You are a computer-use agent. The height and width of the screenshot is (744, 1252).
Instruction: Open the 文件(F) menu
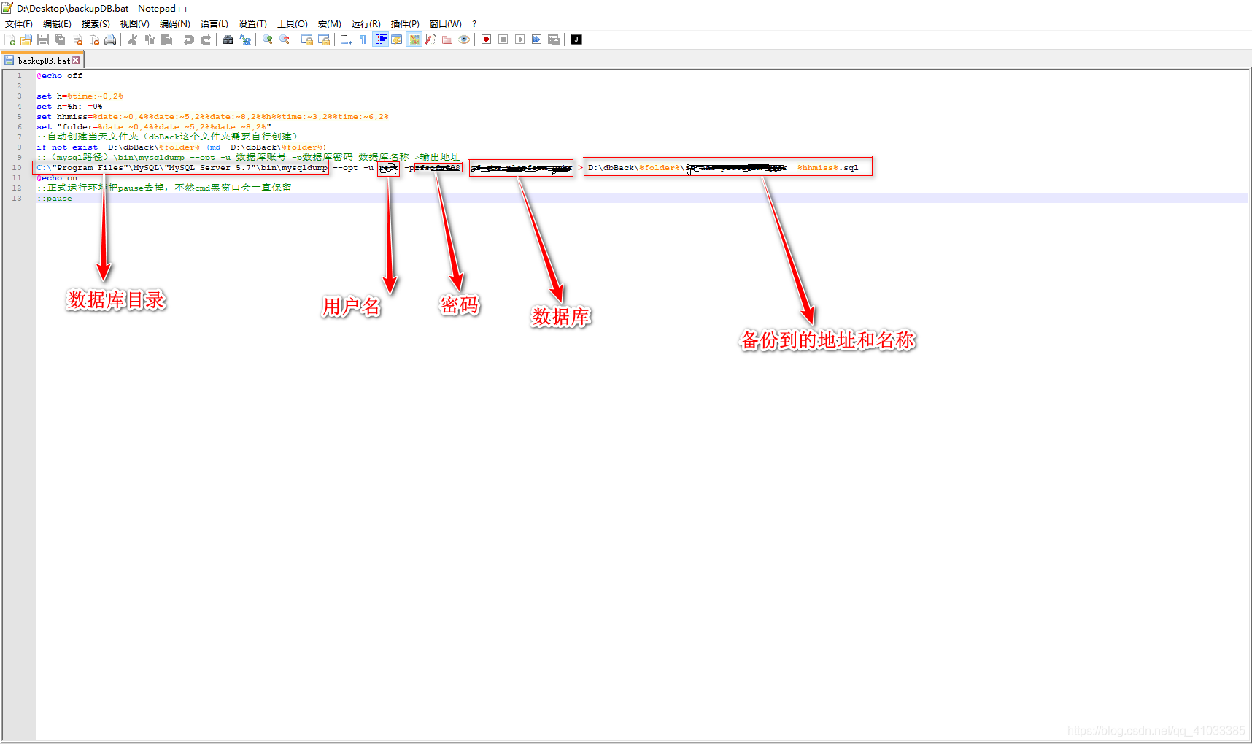[x=19, y=24]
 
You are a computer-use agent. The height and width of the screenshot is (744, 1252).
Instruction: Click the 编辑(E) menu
[x=57, y=24]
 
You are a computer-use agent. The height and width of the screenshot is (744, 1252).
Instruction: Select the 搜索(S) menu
[x=96, y=24]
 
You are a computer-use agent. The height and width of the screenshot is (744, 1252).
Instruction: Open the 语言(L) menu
[x=214, y=24]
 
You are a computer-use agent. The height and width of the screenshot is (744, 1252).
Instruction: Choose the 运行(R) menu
[x=366, y=24]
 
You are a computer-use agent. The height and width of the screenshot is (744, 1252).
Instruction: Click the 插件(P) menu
[x=405, y=24]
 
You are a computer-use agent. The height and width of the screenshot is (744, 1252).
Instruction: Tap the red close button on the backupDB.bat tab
[x=76, y=61]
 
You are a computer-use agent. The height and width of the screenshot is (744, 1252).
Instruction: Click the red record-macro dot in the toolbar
[x=486, y=39]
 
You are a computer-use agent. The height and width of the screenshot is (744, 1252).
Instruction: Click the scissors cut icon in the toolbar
[x=133, y=39]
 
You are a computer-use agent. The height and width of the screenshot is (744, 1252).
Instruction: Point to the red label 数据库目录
[x=116, y=300]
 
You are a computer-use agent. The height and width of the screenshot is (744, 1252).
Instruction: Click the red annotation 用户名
[x=351, y=307]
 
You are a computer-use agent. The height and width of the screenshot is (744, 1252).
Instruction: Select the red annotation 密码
[x=460, y=304]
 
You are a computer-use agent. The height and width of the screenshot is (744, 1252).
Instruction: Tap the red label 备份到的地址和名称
[x=827, y=340]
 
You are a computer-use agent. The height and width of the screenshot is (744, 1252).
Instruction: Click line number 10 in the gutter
[x=17, y=168]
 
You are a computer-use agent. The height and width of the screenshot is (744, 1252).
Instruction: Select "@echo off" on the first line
[x=60, y=76]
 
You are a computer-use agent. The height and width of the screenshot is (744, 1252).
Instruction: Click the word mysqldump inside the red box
[x=305, y=168]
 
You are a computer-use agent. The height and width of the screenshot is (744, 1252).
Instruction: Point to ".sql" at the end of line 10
[x=850, y=168]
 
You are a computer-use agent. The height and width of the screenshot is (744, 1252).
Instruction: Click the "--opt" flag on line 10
[x=346, y=168]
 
